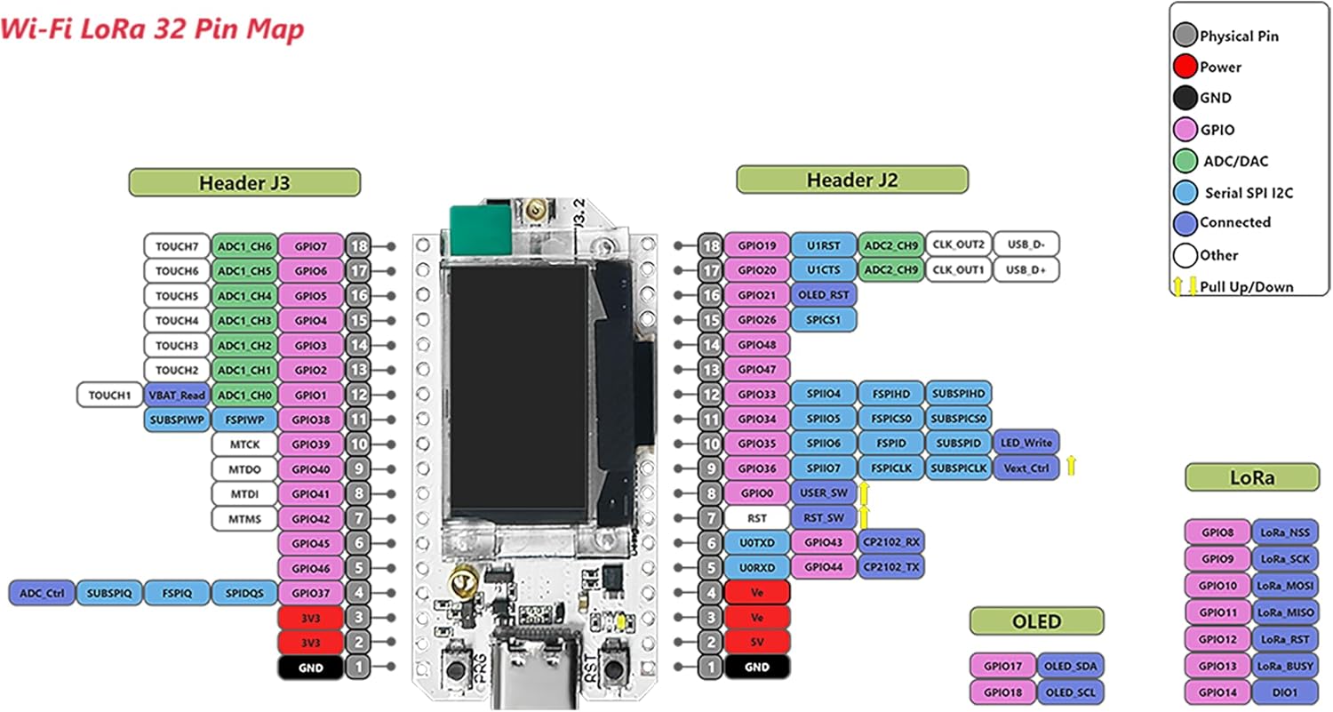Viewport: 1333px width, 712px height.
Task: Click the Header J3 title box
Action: click(x=244, y=183)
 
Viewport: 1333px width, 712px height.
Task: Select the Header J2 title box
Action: click(x=851, y=180)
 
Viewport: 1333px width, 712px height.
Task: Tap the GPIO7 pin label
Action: click(x=311, y=246)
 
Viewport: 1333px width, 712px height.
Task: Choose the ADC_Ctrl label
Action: click(x=41, y=593)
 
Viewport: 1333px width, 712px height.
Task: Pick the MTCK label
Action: click(x=244, y=444)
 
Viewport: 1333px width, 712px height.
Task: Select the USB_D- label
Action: click(x=1026, y=244)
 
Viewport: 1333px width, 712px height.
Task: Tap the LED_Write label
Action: click(x=1026, y=442)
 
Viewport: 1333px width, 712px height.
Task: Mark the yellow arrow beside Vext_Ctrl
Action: click(x=1072, y=464)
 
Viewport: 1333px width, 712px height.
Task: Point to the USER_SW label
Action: click(x=824, y=492)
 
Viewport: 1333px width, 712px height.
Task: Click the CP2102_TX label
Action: click(x=891, y=566)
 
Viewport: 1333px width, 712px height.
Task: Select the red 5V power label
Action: click(x=756, y=642)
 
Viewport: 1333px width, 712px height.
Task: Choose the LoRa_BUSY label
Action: click(x=1284, y=666)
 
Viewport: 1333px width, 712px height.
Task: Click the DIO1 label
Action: click(x=1284, y=692)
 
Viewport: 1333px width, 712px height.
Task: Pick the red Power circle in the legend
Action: click(x=1185, y=67)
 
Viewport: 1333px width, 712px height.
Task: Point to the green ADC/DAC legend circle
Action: click(x=1185, y=161)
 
